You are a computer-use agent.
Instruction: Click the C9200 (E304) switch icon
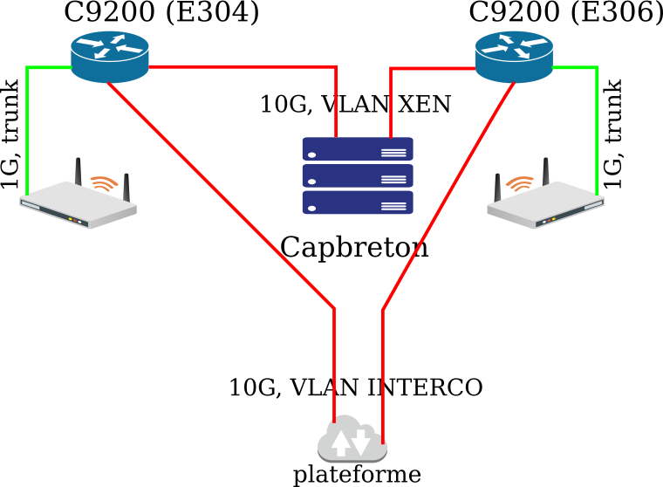[109, 51]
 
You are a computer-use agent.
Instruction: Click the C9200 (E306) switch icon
[514, 51]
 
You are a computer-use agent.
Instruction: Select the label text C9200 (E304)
[161, 13]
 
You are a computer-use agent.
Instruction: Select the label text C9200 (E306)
[565, 13]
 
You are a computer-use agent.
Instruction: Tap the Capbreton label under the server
[354, 248]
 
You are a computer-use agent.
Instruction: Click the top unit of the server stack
[357, 149]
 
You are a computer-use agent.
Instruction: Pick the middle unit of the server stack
[357, 176]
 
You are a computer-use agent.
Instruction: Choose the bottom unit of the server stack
[357, 202]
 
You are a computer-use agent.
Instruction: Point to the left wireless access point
[79, 202]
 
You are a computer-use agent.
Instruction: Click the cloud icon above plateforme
[352, 441]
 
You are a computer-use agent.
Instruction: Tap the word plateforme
[356, 475]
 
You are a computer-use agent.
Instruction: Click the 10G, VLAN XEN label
[355, 105]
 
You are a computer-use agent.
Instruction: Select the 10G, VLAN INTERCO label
[355, 388]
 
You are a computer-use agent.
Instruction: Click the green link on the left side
[28, 131]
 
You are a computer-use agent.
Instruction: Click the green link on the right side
[598, 131]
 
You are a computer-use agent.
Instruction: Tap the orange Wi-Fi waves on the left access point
[105, 183]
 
